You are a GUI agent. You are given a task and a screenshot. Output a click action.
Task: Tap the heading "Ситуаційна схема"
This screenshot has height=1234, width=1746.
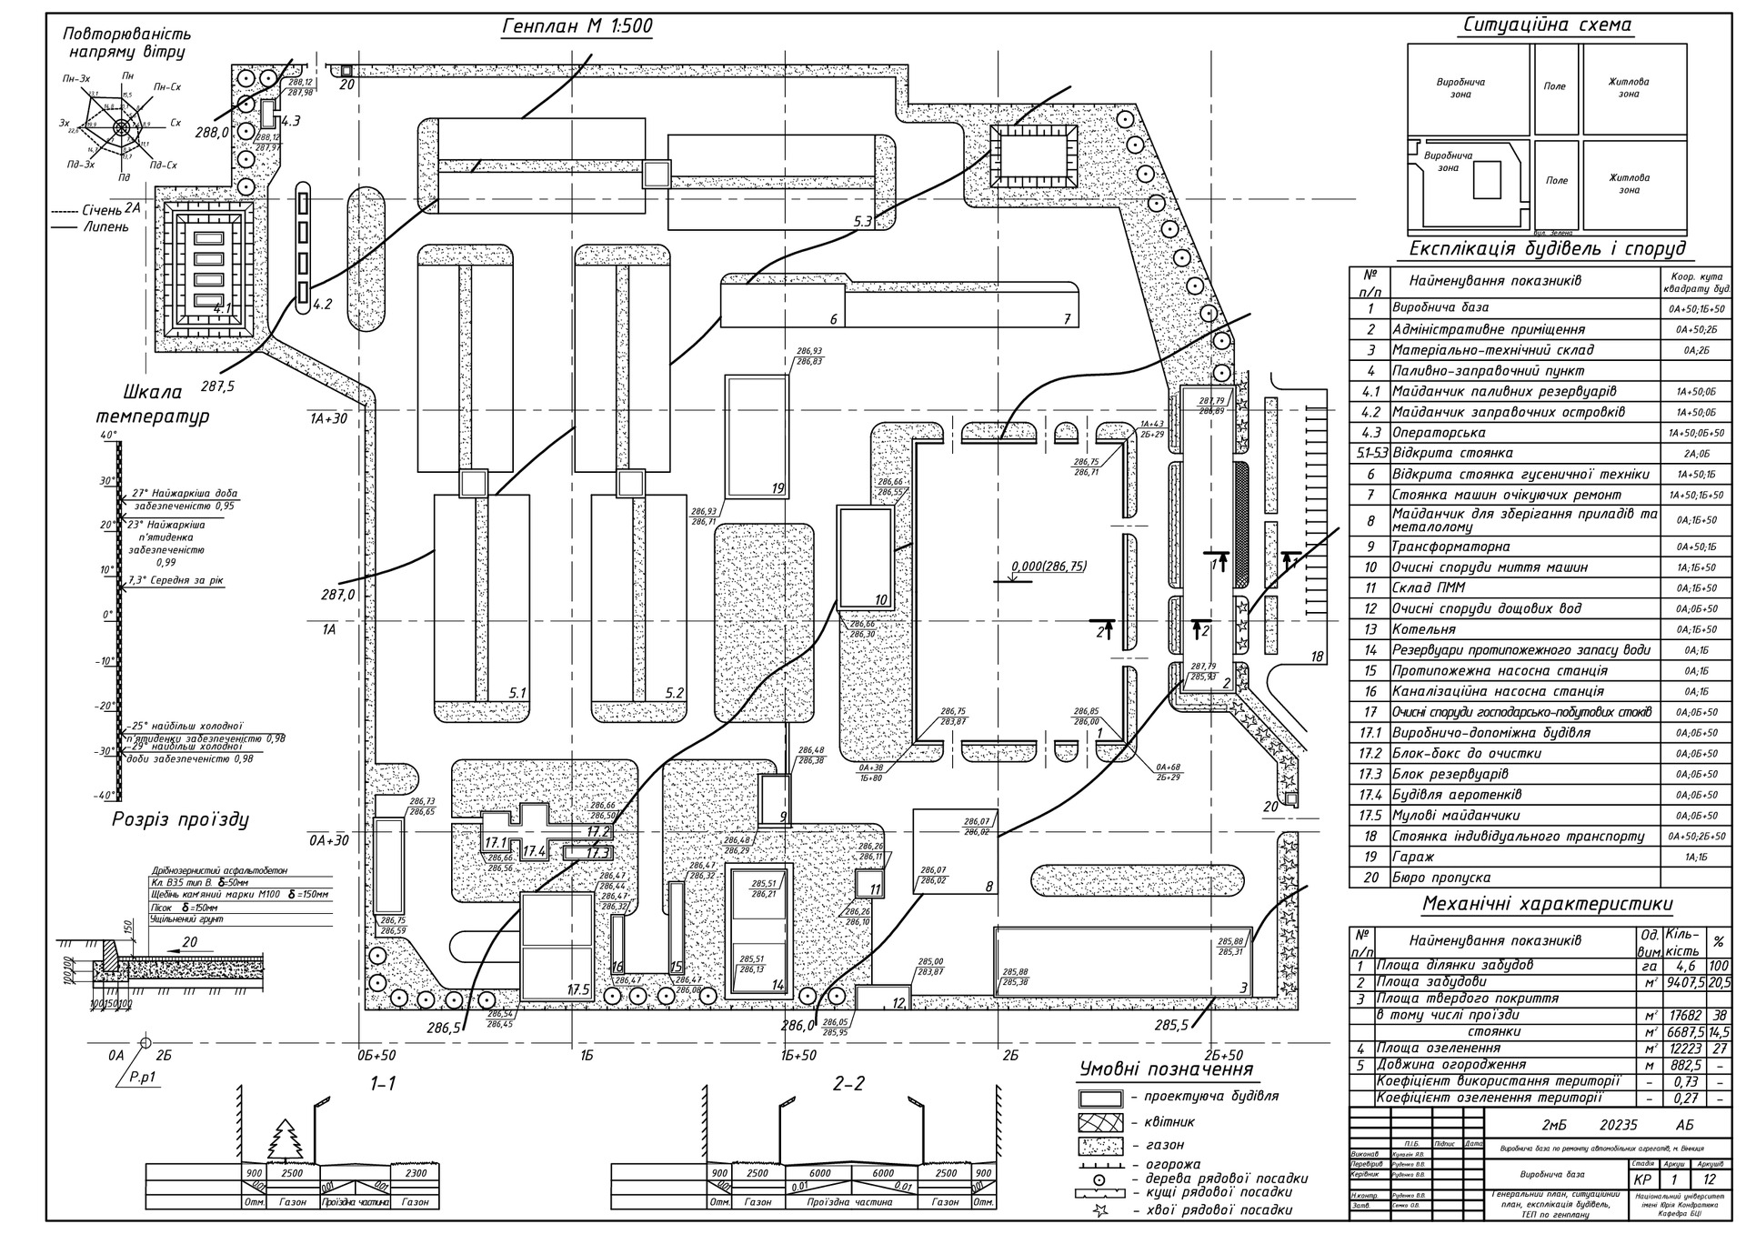pos(1547,25)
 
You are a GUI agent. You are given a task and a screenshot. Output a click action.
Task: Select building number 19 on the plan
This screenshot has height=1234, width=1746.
pos(756,436)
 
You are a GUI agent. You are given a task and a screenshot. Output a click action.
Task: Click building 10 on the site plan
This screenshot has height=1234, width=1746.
pos(865,558)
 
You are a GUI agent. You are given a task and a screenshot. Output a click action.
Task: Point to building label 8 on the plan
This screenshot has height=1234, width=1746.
pos(988,886)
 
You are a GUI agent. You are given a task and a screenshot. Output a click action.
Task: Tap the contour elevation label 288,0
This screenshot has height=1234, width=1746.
pos(211,133)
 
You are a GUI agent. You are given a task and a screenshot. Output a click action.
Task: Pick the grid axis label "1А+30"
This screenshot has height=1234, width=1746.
pos(328,418)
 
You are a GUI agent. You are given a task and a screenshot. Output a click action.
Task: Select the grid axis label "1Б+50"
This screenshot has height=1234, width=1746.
pos(798,1055)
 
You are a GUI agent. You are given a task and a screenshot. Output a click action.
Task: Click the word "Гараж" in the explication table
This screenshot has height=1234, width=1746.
pos(1412,857)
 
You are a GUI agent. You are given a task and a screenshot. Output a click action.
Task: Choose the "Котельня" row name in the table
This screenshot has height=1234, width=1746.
pos(1424,629)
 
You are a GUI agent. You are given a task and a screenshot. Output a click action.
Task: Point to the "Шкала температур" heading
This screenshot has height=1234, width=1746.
pos(153,405)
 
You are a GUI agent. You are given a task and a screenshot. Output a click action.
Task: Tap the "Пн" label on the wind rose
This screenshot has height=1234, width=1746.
pos(127,75)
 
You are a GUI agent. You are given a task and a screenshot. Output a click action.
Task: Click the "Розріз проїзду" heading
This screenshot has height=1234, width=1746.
pos(180,819)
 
